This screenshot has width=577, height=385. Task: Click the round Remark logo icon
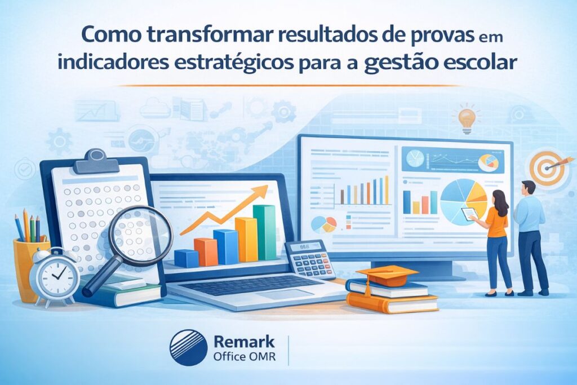[188, 348]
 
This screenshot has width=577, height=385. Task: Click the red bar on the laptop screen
[206, 251]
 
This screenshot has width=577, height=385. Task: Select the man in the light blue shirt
[530, 234]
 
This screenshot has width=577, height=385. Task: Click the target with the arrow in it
[545, 169]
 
